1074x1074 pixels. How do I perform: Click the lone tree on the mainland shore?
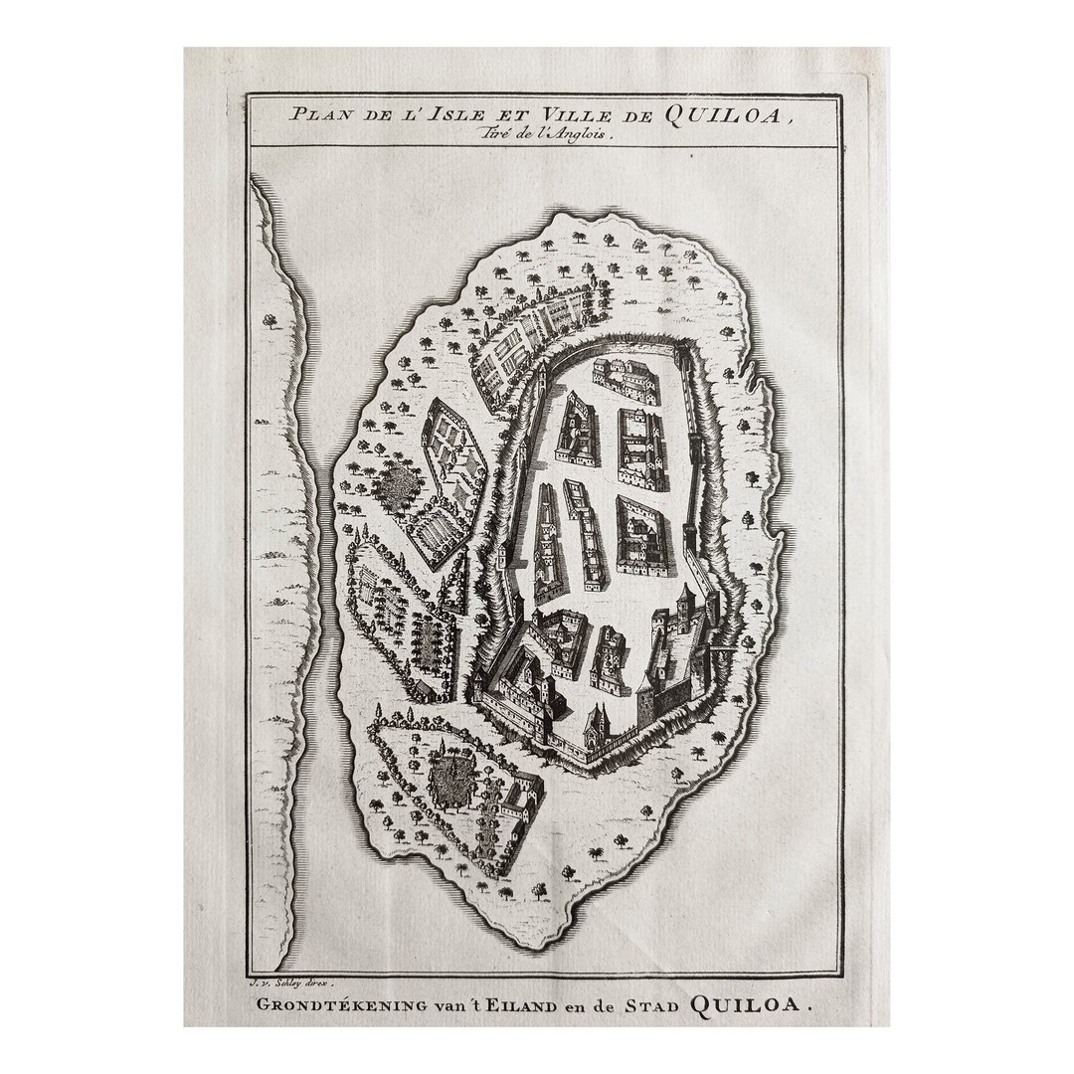(269, 320)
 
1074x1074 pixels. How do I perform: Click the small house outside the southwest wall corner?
(425, 689)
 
